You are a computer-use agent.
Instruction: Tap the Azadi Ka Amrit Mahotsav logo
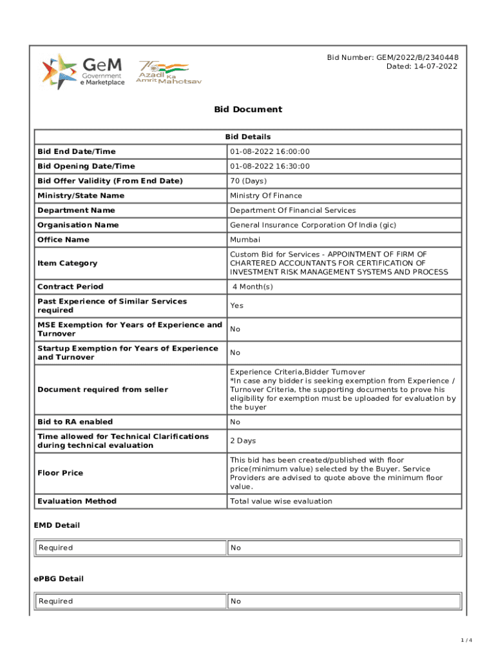pyautogui.click(x=162, y=72)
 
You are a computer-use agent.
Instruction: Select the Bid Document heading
pyautogui.click(x=248, y=109)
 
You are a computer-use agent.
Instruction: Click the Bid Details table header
pyautogui.click(x=248, y=137)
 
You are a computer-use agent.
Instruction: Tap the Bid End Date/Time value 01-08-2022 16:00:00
pyautogui.click(x=270, y=151)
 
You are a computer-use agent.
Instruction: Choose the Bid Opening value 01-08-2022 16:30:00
pyautogui.click(x=270, y=166)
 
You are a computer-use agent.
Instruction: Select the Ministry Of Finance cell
pyautogui.click(x=266, y=196)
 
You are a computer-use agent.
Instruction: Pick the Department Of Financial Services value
pyautogui.click(x=293, y=210)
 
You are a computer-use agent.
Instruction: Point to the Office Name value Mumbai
pyautogui.click(x=245, y=240)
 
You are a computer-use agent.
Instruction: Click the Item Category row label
pyautogui.click(x=68, y=263)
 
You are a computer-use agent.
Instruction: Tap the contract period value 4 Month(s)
pyautogui.click(x=253, y=287)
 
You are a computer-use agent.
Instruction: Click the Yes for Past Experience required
pyautogui.click(x=236, y=306)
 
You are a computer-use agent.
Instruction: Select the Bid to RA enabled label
pyautogui.click(x=75, y=422)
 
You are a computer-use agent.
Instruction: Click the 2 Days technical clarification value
pyautogui.click(x=243, y=441)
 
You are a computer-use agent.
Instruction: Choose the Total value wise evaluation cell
pyautogui.click(x=281, y=501)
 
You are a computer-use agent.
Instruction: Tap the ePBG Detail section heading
pyautogui.click(x=59, y=579)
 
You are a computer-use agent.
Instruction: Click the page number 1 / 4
pyautogui.click(x=467, y=640)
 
